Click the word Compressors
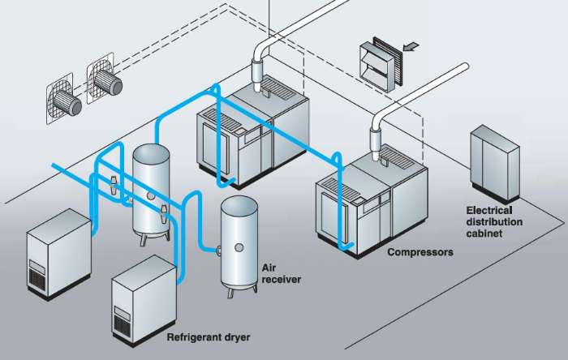click(x=420, y=252)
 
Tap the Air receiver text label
click(x=281, y=273)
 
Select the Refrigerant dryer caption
click(x=208, y=336)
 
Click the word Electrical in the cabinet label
click(x=488, y=210)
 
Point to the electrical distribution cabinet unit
click(x=493, y=167)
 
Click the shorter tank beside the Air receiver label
click(x=239, y=240)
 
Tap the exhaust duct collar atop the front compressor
click(x=376, y=139)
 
